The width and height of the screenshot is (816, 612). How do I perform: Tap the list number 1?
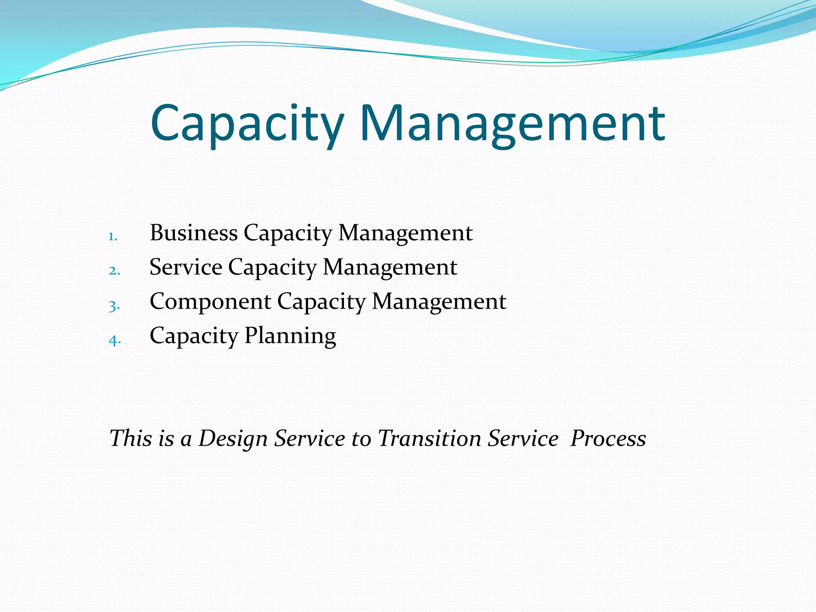tap(113, 237)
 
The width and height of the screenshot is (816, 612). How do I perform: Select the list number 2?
tap(114, 271)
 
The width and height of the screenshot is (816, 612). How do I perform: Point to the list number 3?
tap(114, 306)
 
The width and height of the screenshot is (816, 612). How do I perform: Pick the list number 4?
tap(114, 340)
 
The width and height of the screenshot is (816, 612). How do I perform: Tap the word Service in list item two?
tap(186, 267)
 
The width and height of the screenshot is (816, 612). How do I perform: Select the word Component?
tap(210, 301)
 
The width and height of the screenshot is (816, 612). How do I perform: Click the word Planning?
tap(290, 336)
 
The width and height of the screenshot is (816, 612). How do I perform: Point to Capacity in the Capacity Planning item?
tap(194, 336)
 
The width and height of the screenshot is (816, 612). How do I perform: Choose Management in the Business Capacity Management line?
tap(405, 233)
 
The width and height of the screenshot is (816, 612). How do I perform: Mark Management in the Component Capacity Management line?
tap(439, 302)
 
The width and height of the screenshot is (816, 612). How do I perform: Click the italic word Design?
tap(233, 439)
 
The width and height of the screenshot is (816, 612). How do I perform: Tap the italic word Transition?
tap(429, 438)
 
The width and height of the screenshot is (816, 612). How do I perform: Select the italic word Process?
tap(608, 438)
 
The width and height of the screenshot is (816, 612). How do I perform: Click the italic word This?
tap(131, 438)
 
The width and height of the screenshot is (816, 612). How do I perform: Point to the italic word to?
tap(361, 439)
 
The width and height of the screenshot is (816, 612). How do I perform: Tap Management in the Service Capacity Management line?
tap(390, 267)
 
